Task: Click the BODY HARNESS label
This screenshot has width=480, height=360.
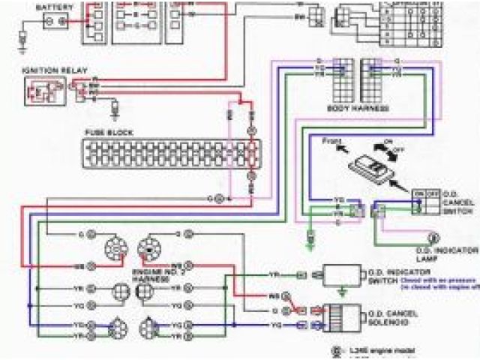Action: coord(359,109)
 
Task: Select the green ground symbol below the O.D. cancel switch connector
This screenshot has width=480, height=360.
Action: coord(310,240)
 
